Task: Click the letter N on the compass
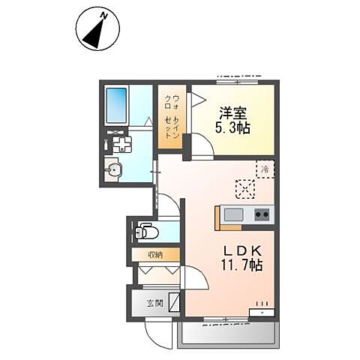(104, 16)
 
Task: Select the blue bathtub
(116, 105)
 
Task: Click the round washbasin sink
(113, 170)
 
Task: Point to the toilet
(146, 232)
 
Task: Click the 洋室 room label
(233, 113)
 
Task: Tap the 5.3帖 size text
(232, 128)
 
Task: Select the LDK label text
(242, 250)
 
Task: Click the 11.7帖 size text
(241, 265)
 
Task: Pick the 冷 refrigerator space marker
(265, 169)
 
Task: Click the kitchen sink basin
(233, 214)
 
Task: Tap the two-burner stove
(262, 214)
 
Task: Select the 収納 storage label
(155, 255)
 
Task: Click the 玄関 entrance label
(154, 304)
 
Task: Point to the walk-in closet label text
(172, 116)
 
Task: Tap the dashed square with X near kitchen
(245, 189)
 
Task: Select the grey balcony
(228, 334)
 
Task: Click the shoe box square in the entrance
(175, 301)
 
